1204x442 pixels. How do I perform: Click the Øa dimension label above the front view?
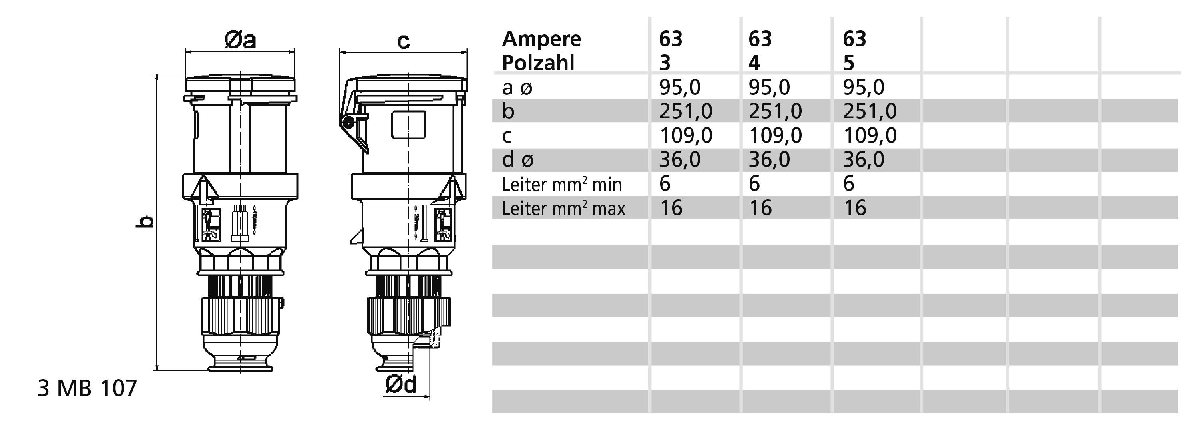(x=240, y=40)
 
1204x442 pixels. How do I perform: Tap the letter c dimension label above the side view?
(x=403, y=41)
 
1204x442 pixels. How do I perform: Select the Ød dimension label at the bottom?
(x=401, y=384)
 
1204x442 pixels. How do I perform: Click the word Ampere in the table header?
(x=541, y=39)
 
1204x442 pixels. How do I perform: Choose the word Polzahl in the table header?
(x=538, y=63)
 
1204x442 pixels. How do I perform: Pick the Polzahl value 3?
(x=665, y=63)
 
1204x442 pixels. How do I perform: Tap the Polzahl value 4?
(x=754, y=63)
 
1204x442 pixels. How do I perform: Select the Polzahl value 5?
(x=849, y=63)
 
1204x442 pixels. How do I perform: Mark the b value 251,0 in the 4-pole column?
(x=775, y=111)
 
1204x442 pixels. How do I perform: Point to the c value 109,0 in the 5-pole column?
(x=870, y=135)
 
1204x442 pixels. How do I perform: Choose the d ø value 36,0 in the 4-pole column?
(x=769, y=160)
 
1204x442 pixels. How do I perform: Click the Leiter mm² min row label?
(x=562, y=185)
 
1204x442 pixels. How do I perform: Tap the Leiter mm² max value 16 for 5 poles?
(x=854, y=208)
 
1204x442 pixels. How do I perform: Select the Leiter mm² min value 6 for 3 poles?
(x=665, y=183)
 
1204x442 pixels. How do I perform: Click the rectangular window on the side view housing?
(x=408, y=125)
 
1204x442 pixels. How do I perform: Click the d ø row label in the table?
(x=517, y=160)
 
